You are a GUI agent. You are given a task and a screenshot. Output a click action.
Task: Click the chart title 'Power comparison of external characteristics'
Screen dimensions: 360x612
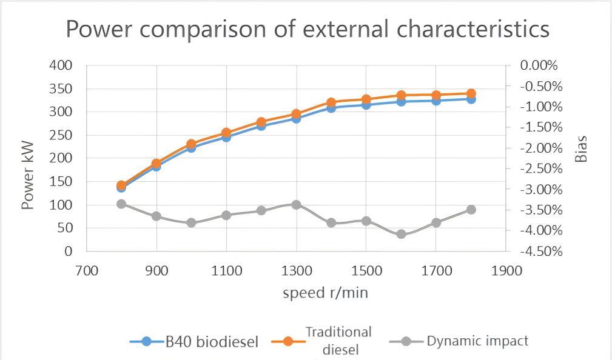tap(307, 29)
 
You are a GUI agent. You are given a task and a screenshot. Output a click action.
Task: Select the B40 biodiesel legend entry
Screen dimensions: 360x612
tap(194, 341)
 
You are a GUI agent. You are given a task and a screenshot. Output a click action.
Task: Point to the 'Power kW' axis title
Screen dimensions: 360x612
tap(28, 176)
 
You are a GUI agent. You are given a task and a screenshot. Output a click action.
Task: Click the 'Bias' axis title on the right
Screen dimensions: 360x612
tap(581, 148)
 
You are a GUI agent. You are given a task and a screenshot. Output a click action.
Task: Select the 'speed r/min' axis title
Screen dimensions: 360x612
tap(325, 293)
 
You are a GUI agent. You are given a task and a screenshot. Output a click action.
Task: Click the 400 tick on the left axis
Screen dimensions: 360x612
tap(61, 65)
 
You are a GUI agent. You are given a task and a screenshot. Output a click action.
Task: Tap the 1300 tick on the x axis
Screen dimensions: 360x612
tap(296, 271)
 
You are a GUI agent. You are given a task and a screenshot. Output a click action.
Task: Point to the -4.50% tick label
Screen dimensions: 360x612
tap(539, 251)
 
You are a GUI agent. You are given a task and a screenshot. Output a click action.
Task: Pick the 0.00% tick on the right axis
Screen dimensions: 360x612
tap(539, 65)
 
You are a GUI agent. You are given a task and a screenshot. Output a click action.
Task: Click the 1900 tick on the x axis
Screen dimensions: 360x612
tap(506, 271)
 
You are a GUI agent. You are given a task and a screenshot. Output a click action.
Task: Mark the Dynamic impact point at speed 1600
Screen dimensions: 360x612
tap(401, 234)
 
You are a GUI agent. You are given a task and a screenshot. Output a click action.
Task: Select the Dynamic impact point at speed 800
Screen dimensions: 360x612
tap(121, 204)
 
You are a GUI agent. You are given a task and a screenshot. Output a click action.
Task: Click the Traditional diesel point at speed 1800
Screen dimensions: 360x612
tap(471, 93)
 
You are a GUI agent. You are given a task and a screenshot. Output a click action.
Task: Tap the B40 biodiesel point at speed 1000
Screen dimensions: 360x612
tap(191, 147)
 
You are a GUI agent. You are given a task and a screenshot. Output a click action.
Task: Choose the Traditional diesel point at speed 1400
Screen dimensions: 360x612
tap(331, 103)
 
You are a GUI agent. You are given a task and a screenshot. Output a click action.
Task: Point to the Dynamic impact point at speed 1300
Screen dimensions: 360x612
tap(296, 205)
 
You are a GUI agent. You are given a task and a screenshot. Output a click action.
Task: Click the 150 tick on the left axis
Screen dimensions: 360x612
tap(61, 181)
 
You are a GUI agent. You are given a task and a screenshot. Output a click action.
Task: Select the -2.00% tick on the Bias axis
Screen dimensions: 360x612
tap(539, 148)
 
